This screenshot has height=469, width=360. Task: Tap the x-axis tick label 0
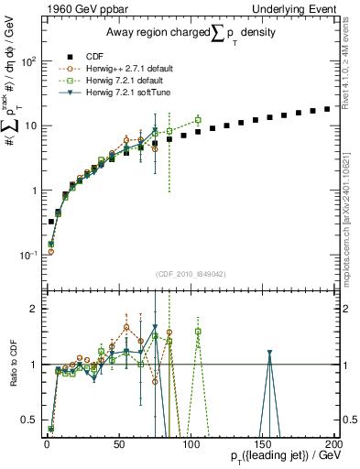click(x=47, y=442)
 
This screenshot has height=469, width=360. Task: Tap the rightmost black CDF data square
click(x=327, y=109)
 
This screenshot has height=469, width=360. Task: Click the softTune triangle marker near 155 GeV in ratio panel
click(x=269, y=353)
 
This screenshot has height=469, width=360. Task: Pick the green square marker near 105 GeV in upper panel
click(x=198, y=120)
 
